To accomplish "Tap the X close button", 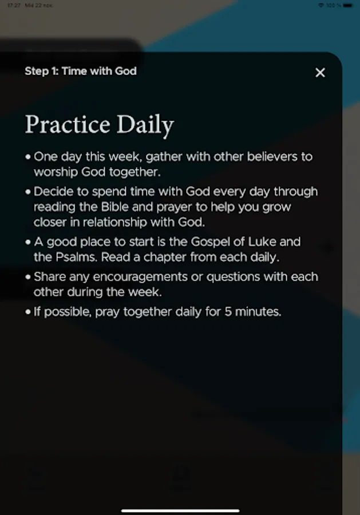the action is coord(321,73).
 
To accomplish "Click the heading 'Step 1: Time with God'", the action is coord(81,71).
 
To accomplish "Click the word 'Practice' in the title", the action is coord(68,125).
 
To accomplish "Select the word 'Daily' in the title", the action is coord(145,125).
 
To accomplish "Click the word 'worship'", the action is coord(56,172).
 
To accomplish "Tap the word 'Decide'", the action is coord(50,192).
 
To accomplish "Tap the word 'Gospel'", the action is coord(211,241).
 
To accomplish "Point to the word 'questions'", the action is coord(233,278).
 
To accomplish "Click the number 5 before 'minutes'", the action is coord(228,312).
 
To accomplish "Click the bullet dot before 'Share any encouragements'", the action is coord(28,277).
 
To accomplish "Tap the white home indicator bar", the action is coord(180,510).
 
